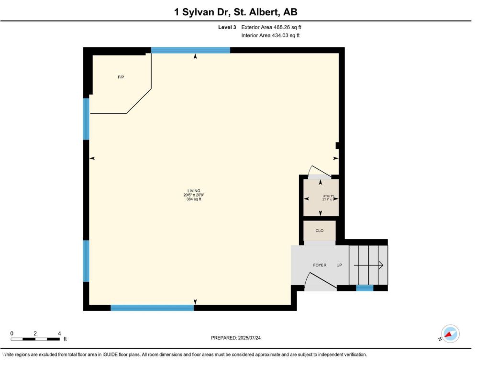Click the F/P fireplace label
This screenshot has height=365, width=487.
121,77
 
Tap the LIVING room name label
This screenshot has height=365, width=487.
194,191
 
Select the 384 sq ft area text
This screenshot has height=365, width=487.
194,199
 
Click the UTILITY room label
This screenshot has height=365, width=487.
328,196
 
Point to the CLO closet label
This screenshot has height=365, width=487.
319,231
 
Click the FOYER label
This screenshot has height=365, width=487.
320,265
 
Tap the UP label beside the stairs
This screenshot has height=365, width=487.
339,265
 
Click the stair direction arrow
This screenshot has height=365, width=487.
368,265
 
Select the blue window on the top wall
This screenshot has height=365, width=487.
191,50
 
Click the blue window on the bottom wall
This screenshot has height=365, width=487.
152,308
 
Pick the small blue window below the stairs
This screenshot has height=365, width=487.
365,288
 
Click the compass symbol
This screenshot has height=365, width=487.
450,334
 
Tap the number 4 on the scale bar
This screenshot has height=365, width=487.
59,333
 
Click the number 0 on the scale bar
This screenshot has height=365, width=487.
12,333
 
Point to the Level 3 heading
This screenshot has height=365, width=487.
227,27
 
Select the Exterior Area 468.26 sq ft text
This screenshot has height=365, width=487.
271,27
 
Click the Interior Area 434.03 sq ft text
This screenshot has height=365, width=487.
270,35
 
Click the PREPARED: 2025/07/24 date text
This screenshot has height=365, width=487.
236,338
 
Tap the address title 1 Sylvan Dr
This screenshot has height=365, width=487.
201,12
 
